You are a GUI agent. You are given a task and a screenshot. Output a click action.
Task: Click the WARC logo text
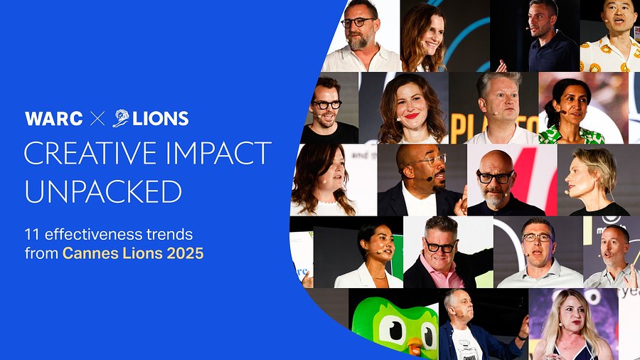tap(54, 119)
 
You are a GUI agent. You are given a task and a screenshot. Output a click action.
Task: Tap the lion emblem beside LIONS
tap(121, 118)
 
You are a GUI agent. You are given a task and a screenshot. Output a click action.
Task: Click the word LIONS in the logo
tap(161, 119)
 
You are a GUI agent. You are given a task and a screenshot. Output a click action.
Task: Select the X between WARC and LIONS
tap(97, 119)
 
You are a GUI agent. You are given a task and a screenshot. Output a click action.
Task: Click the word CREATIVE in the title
tap(86, 153)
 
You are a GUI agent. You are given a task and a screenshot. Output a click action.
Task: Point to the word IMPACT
tap(214, 153)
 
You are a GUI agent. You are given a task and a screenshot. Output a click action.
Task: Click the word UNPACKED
tap(103, 191)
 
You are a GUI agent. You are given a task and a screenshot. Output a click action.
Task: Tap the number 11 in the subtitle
tap(32, 235)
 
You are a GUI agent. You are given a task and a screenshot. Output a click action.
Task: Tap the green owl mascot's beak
tap(415, 346)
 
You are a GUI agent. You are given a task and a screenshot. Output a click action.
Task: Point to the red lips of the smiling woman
tap(412, 116)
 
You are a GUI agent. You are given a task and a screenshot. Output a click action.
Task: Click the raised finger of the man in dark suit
tap(463, 193)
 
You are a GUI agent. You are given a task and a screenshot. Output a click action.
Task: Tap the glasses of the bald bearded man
tap(495, 177)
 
